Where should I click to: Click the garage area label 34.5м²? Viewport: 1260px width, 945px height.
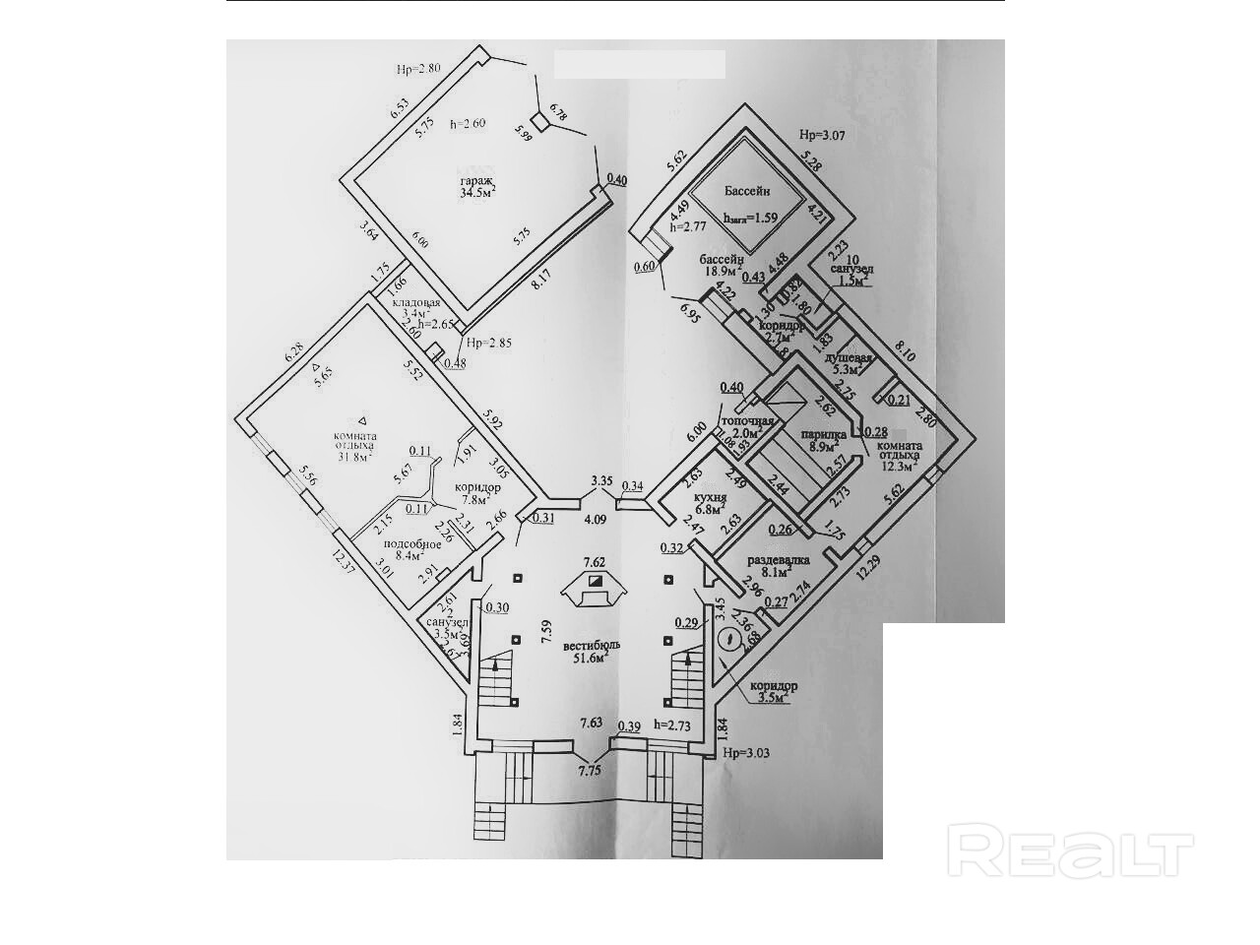[x=477, y=194]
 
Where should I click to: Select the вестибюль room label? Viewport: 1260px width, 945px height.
[x=583, y=646]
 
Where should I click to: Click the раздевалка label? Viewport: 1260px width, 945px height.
[x=778, y=559]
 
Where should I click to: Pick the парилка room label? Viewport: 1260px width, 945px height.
[x=820, y=434]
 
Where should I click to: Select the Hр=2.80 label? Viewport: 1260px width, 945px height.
[x=418, y=70]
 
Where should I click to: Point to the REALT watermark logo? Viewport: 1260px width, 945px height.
[x=1070, y=852]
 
